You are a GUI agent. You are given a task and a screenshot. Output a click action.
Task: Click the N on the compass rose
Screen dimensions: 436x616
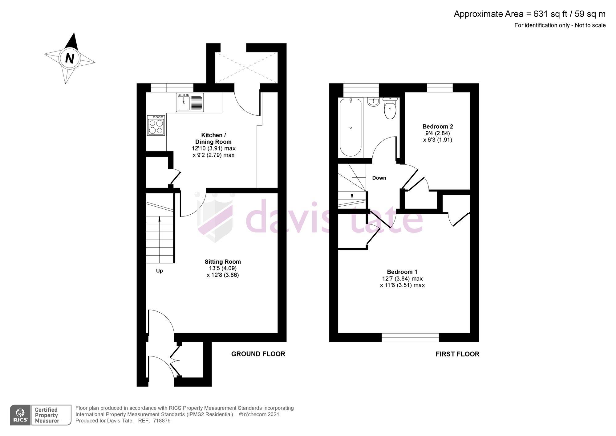pos(70,58)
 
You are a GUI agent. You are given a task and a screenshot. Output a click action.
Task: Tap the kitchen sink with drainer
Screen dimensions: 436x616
pos(190,102)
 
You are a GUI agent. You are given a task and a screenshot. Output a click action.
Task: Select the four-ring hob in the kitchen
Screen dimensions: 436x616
pos(156,125)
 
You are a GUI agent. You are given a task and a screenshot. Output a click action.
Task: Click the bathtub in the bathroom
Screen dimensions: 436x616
pos(351,128)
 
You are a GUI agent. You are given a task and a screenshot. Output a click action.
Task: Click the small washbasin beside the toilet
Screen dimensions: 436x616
pos(373,102)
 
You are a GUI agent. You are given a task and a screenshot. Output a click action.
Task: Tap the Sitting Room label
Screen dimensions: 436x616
pos(223,261)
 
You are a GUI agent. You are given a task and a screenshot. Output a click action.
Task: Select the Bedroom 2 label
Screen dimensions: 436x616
pos(437,126)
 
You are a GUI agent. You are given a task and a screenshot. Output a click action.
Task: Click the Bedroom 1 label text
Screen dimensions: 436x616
pos(402,272)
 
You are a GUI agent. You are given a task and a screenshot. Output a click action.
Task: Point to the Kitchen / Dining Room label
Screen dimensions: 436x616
pos(213,138)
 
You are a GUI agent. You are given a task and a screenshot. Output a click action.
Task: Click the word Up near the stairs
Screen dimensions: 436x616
pos(159,271)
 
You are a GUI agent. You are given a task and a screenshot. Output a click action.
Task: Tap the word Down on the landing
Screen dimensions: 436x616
pos(379,178)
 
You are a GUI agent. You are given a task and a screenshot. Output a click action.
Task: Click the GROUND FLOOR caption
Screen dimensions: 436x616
pos(258,354)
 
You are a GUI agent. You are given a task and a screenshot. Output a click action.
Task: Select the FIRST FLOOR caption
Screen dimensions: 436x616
pos(457,354)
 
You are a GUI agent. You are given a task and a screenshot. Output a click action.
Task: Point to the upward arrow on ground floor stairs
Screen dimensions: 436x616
pos(159,219)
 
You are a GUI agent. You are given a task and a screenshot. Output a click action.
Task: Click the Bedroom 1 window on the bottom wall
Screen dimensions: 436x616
pos(410,338)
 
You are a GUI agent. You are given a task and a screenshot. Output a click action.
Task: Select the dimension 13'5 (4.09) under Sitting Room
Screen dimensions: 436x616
pos(222,268)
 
